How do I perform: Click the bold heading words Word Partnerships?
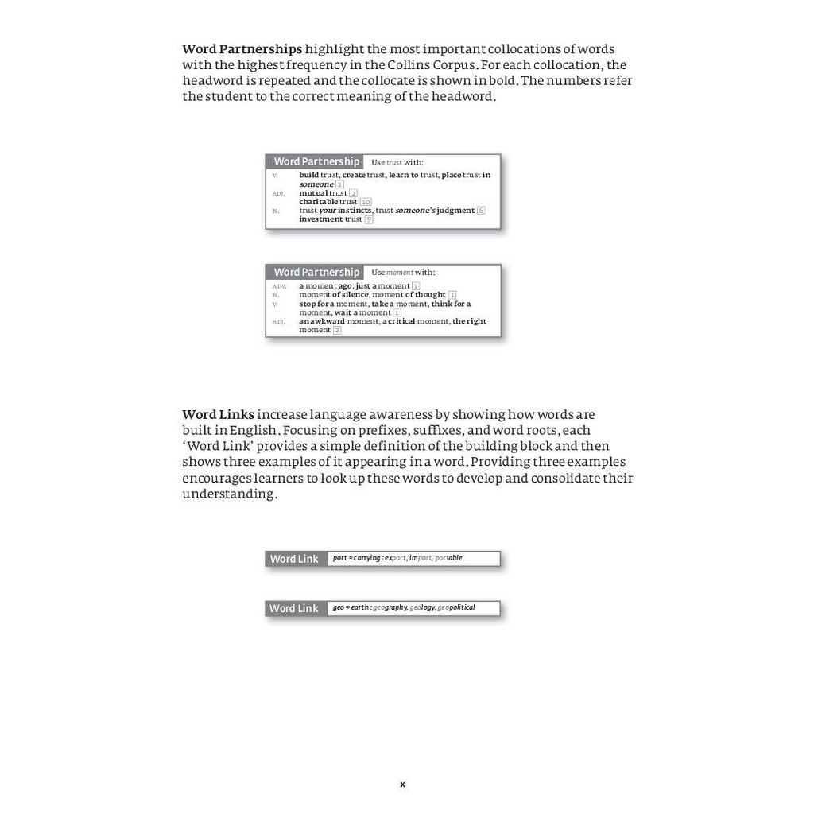242,49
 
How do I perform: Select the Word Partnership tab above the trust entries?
316,161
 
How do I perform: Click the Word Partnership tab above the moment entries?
316,272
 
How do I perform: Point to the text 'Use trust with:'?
397,162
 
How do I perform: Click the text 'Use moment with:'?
403,273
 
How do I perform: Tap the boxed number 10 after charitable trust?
366,202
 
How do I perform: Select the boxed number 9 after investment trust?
369,219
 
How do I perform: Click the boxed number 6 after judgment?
481,211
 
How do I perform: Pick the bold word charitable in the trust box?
318,202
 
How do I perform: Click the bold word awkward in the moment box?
328,321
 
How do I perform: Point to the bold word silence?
355,295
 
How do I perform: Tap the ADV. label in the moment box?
279,286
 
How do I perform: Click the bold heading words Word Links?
218,414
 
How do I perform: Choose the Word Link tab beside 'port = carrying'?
294,559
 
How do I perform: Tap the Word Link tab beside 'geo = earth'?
294,608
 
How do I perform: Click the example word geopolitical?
456,607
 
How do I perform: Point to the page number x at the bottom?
402,785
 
